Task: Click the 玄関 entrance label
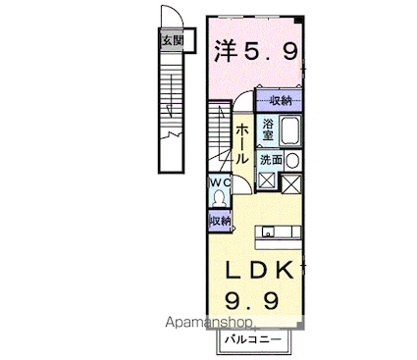point(173,40)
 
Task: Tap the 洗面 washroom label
point(272,159)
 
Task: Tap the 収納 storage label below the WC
point(220,222)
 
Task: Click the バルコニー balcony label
point(252,339)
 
